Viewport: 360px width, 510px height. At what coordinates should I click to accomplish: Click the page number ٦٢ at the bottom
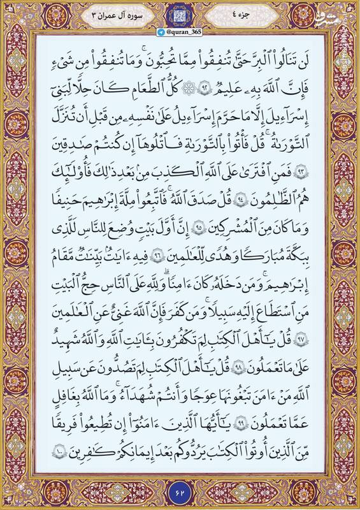[x=179, y=491]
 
